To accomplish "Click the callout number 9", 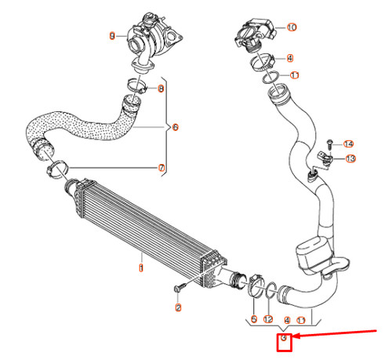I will [x=112, y=35].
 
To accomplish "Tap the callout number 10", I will [x=292, y=27].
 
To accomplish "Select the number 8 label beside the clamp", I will [x=162, y=89].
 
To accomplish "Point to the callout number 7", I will [x=162, y=168].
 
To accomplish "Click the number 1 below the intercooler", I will [x=141, y=267].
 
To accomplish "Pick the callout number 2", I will [x=178, y=308].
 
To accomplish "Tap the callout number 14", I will [x=349, y=144].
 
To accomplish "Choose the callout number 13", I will [x=350, y=158].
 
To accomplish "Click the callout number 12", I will [x=268, y=320].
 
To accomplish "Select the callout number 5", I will [x=253, y=320].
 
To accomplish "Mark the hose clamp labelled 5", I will [x=256, y=287].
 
